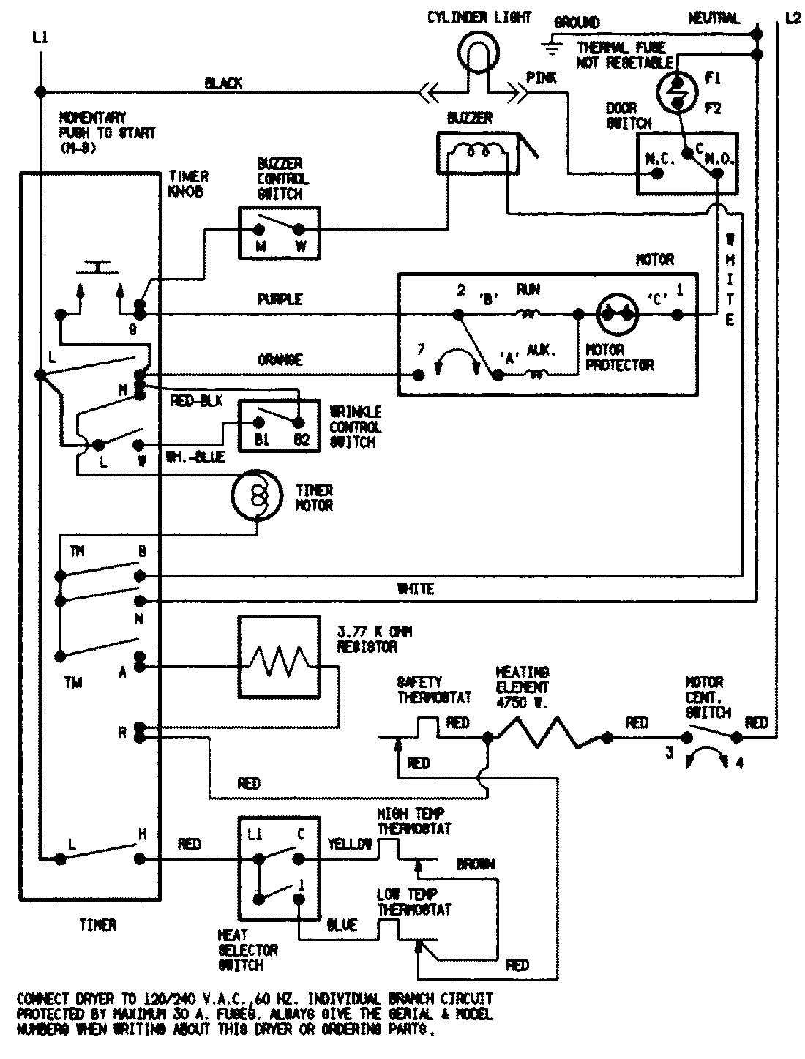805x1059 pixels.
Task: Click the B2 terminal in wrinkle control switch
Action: click(299, 423)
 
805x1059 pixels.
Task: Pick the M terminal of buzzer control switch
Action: click(259, 228)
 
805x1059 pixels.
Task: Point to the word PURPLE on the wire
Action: click(280, 299)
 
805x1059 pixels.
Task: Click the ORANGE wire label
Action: click(280, 360)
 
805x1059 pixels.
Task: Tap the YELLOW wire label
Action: click(350, 843)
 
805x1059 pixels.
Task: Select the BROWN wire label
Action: click(475, 864)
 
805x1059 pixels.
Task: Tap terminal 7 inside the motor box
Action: click(419, 375)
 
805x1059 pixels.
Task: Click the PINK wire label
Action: click(542, 78)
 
